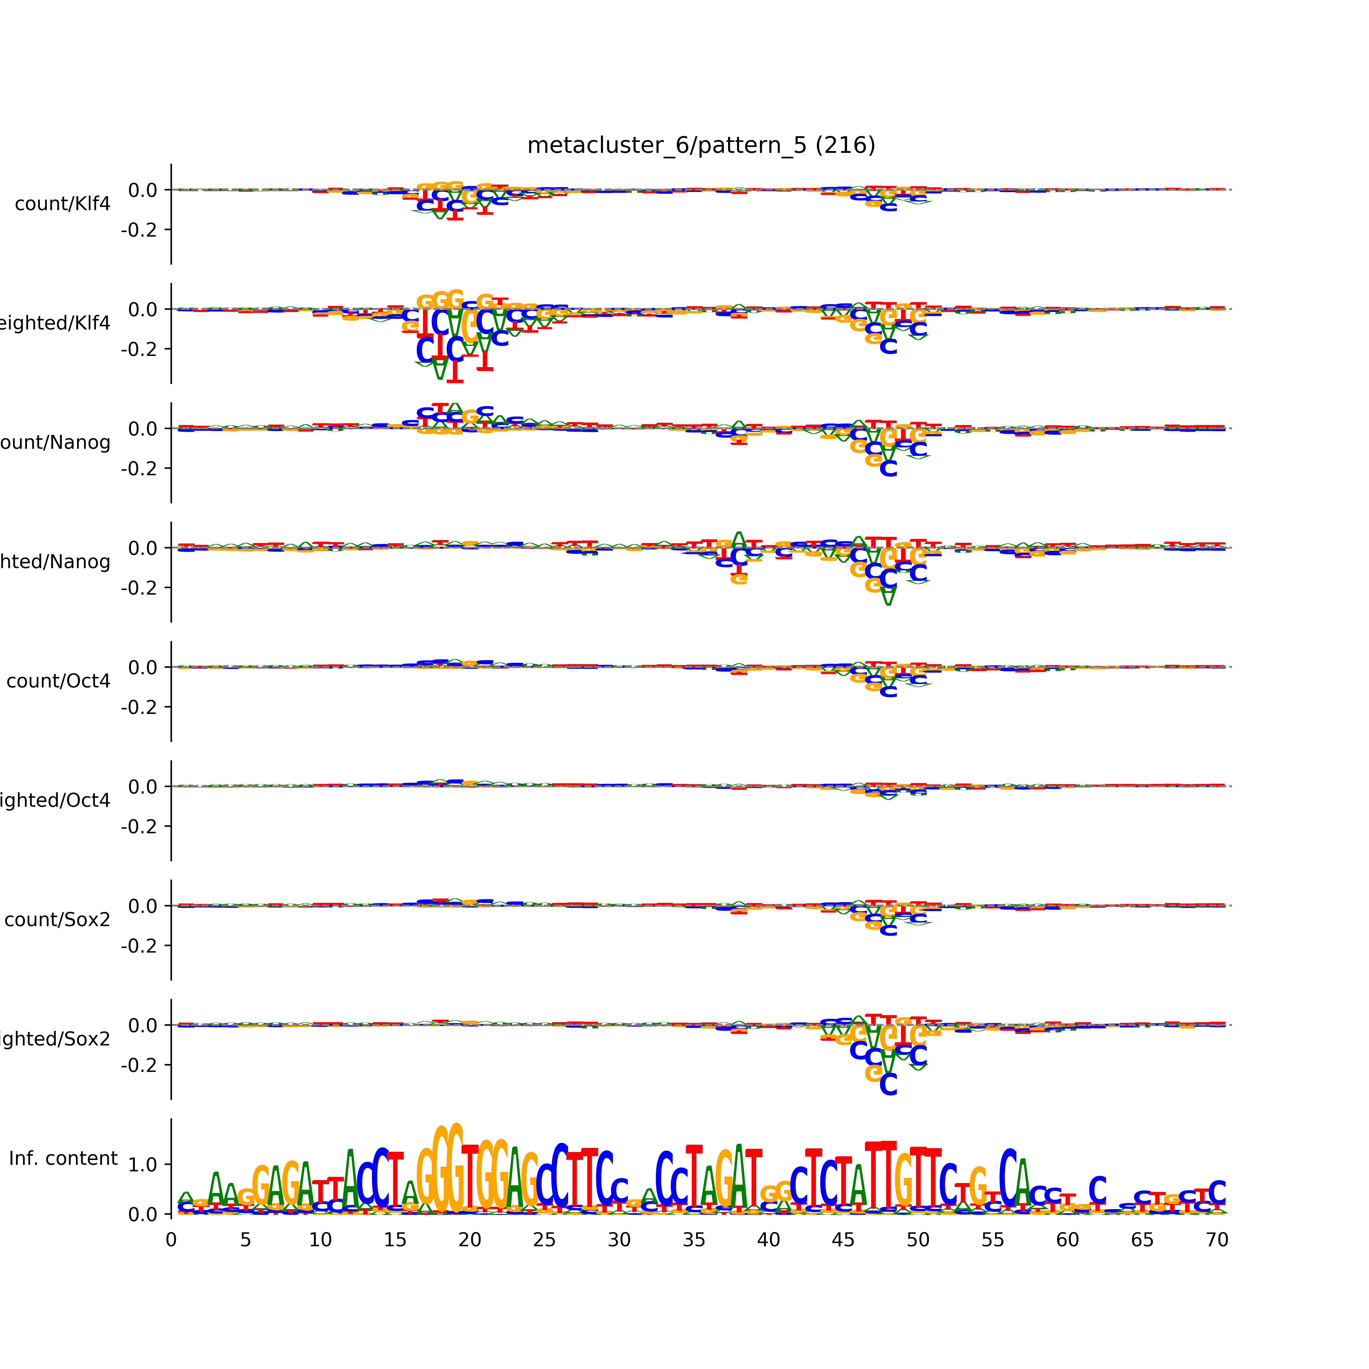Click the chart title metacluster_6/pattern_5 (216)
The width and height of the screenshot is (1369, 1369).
[x=701, y=145]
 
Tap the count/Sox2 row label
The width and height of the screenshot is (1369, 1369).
[x=57, y=920]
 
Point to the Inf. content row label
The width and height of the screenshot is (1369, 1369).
[x=63, y=1159]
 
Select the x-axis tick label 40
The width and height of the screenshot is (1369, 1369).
[x=769, y=1240]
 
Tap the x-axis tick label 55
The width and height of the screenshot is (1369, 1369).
[x=993, y=1240]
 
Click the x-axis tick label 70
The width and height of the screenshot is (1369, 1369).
[x=1217, y=1240]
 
